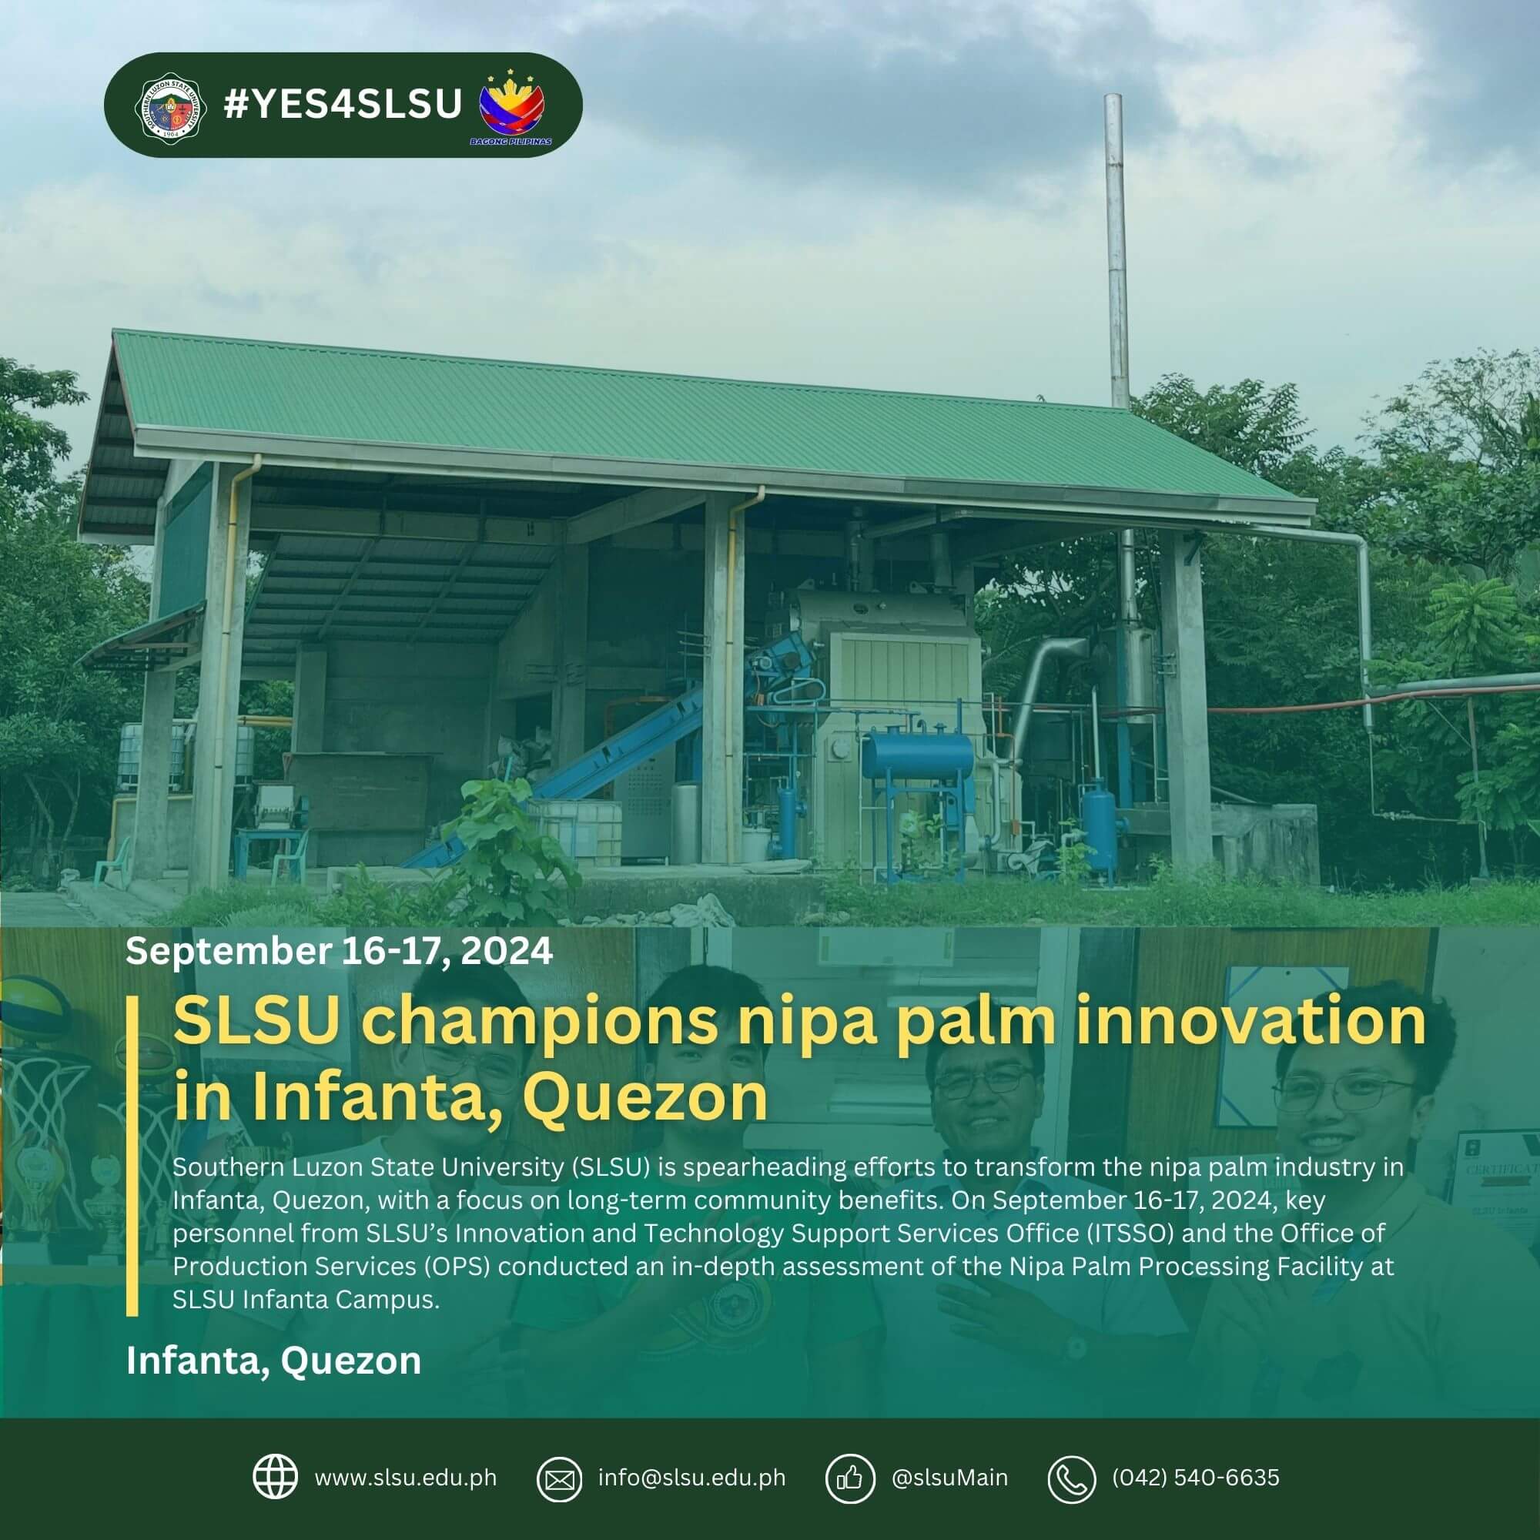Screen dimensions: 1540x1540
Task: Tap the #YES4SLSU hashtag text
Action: [x=343, y=105]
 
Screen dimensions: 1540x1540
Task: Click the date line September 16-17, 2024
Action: [x=339, y=951]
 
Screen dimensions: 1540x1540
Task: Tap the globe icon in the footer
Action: [x=275, y=1476]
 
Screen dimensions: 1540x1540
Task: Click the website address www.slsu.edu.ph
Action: [x=406, y=1478]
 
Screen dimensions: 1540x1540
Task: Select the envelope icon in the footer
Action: [x=560, y=1479]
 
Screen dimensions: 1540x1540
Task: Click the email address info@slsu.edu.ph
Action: [x=692, y=1478]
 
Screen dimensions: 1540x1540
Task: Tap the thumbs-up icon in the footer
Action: [x=850, y=1479]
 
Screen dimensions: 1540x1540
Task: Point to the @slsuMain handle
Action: [x=949, y=1478]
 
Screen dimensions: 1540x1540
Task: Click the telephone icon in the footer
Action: [x=1071, y=1479]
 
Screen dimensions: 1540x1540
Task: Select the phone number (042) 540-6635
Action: [x=1196, y=1478]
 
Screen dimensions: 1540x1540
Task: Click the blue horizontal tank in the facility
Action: [x=918, y=754]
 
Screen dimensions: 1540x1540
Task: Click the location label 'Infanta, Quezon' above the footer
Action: [x=273, y=1361]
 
